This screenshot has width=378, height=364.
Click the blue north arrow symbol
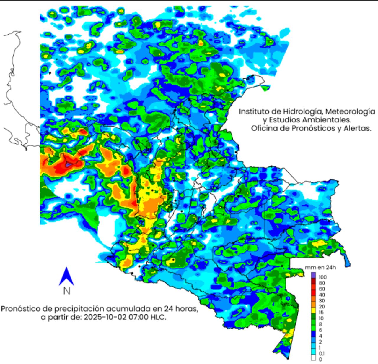(x=66, y=276)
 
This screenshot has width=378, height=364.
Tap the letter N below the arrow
(x=67, y=291)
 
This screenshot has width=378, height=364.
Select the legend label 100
(x=322, y=277)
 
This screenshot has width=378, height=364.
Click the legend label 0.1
(x=322, y=354)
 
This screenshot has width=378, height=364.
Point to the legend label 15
(x=321, y=312)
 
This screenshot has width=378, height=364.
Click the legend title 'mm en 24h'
(x=320, y=268)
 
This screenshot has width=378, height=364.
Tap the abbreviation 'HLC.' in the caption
(x=159, y=318)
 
